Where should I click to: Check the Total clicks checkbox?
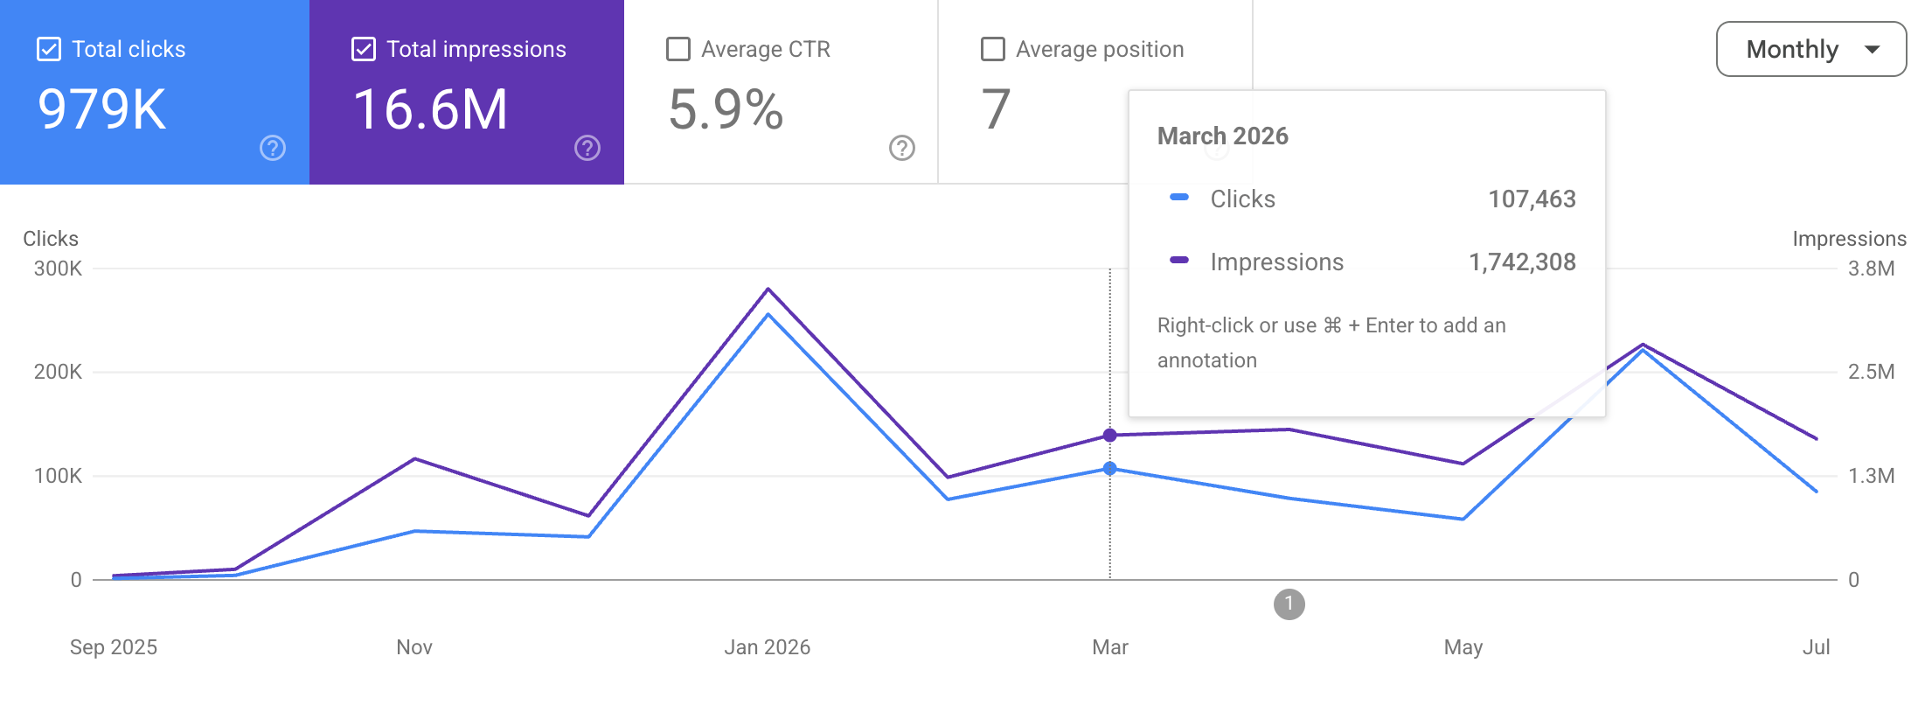(49, 49)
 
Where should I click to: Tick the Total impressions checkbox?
(364, 49)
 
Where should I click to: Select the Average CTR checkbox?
(678, 49)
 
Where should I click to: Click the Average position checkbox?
(993, 49)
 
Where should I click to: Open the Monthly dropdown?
(1811, 49)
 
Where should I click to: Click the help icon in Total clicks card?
(273, 148)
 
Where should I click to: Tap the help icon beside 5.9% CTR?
(902, 148)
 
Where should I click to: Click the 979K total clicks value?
(102, 109)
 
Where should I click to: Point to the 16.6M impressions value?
(430, 109)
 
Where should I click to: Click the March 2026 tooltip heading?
(1223, 136)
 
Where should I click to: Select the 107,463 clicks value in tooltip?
(1532, 199)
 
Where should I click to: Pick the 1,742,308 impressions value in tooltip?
(1522, 262)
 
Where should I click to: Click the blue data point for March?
(1110, 469)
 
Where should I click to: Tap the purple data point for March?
(1110, 436)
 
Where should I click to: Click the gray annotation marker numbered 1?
(1289, 604)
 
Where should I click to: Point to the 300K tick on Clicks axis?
(58, 269)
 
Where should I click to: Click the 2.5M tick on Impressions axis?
(1872, 372)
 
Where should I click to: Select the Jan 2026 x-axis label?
(768, 647)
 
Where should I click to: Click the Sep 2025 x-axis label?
(114, 647)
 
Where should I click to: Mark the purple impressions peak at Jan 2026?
(768, 289)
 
